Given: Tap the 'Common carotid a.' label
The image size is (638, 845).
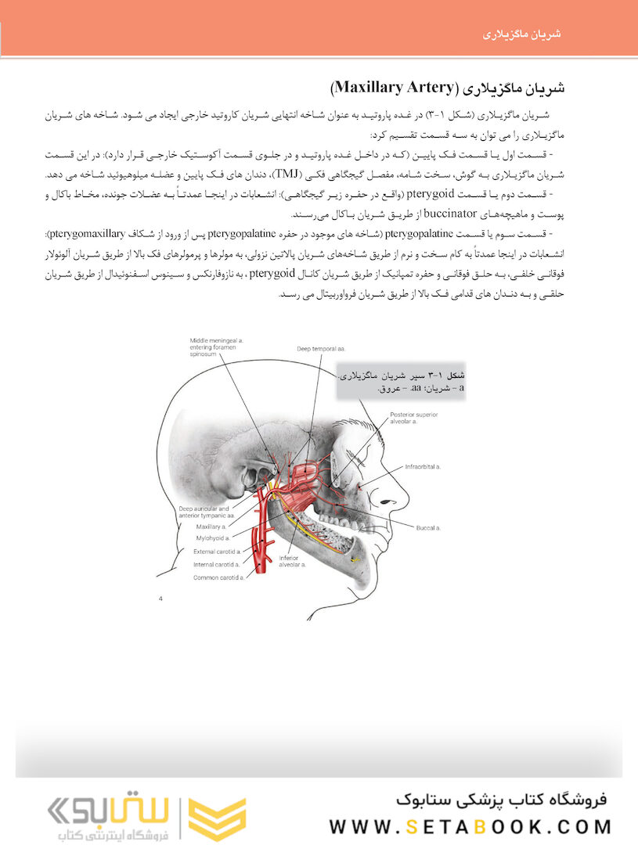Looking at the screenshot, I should click(218, 578).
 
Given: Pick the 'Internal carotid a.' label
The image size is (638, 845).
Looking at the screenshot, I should click(218, 565).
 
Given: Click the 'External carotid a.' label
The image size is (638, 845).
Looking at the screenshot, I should click(218, 552).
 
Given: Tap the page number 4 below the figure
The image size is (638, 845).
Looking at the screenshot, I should click(160, 599).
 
